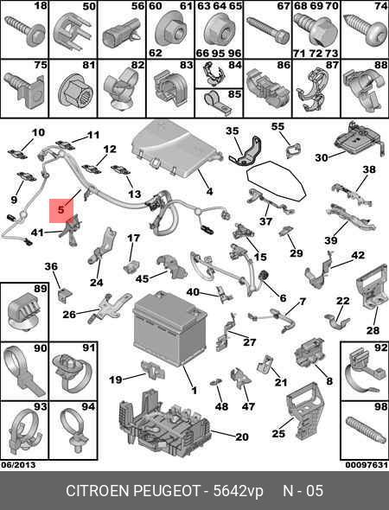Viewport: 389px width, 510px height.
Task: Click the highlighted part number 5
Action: click(x=61, y=210)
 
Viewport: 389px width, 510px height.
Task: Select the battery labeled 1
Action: click(x=169, y=328)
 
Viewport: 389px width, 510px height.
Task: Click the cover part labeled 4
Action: click(x=175, y=149)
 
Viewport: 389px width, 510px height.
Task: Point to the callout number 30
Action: click(x=322, y=157)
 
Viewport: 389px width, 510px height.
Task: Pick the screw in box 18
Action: click(x=25, y=32)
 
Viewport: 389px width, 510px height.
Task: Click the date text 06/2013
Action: click(x=18, y=465)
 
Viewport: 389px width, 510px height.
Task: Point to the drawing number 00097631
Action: click(x=367, y=465)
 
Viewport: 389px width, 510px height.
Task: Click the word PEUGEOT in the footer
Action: click(x=167, y=491)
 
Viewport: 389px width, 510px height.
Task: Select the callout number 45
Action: click(x=142, y=278)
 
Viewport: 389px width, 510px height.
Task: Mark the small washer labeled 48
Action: click(x=215, y=382)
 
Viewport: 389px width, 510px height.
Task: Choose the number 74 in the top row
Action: click(x=380, y=6)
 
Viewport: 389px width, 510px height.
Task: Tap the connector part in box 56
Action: click(x=119, y=36)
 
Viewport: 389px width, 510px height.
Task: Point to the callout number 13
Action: click(x=134, y=194)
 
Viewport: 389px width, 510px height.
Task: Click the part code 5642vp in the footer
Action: click(x=238, y=491)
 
